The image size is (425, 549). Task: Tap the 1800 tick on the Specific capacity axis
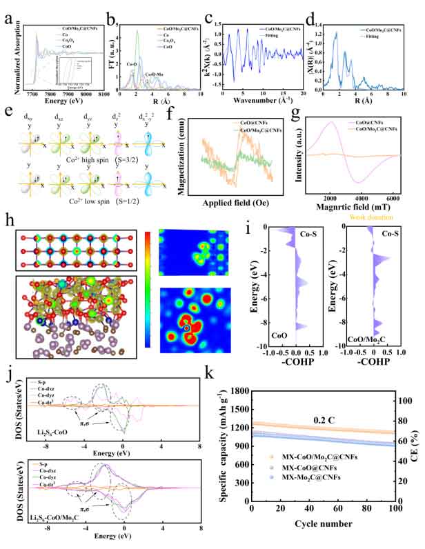point(241,391)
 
